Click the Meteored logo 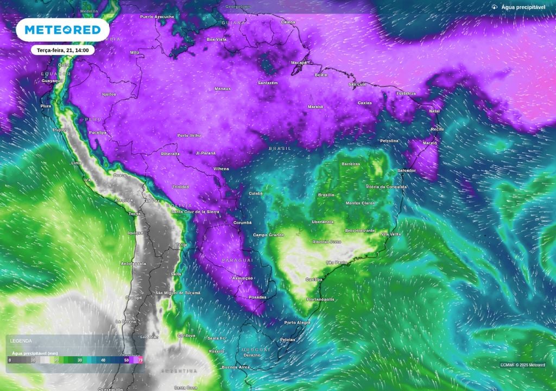coord(62,30)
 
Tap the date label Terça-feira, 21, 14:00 coord(63,50)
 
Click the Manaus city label coord(223,89)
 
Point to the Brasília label coord(326,195)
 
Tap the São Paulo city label coord(336,262)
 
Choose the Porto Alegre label coord(298,323)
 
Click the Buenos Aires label coord(236,367)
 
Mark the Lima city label coord(77,163)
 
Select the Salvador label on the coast coord(407,171)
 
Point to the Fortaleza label coord(406,93)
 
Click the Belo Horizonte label coord(360,230)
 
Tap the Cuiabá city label coord(255,193)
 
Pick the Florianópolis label coord(320,299)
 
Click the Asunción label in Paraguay coord(242,278)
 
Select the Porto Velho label coord(189,135)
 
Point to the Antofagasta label coord(133,263)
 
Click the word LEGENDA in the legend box coord(21,341)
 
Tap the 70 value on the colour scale coord(141,360)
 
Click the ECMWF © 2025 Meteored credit coord(522,365)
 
